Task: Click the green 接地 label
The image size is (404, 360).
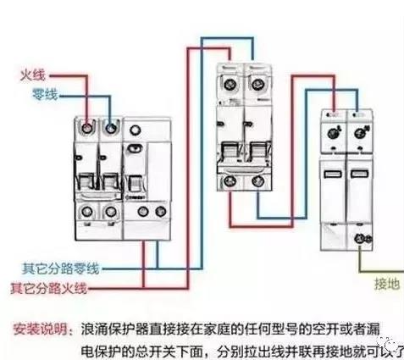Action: (x=385, y=285)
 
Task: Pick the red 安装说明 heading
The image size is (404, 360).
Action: (x=40, y=326)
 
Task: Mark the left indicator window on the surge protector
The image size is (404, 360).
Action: (x=332, y=173)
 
